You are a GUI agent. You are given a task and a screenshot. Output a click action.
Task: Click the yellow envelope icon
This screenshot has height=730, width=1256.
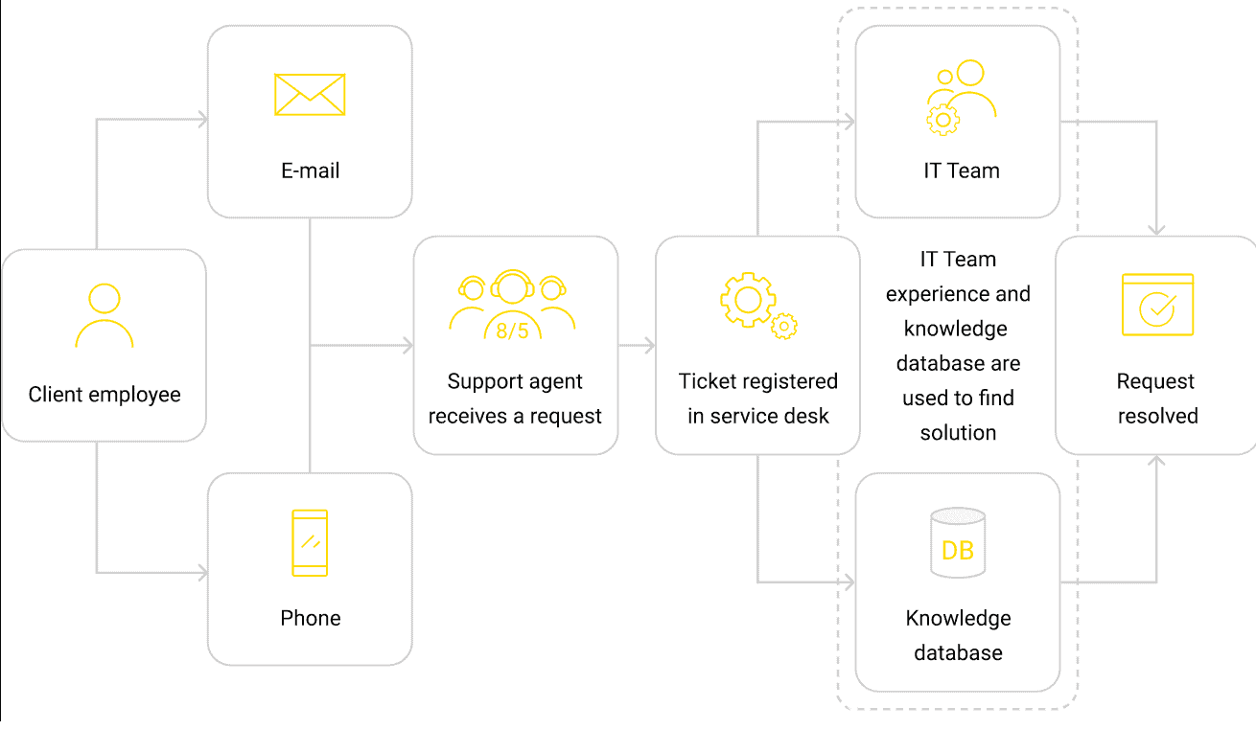coord(310,94)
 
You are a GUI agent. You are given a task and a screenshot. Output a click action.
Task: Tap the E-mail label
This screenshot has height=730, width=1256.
coord(310,171)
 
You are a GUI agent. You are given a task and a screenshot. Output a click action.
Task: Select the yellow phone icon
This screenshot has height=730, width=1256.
coord(310,543)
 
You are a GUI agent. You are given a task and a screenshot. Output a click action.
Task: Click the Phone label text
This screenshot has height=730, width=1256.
coord(310,618)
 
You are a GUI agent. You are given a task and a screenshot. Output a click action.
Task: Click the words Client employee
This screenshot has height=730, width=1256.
coord(105,395)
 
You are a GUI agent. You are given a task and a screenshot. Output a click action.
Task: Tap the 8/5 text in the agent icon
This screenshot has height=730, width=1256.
coord(512,331)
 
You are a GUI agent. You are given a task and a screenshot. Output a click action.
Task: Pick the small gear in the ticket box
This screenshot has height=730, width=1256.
coord(784,326)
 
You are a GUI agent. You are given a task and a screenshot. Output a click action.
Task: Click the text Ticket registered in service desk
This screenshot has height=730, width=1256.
coord(758,399)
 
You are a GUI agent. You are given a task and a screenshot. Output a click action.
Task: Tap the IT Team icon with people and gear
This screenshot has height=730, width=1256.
coord(961,97)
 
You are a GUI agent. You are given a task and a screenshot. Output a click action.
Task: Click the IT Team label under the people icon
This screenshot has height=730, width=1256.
coord(961,171)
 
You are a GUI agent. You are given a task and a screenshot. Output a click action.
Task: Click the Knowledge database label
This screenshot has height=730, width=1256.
coord(958,635)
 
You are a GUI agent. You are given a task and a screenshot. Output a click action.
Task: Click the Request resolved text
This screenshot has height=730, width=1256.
coord(1157,399)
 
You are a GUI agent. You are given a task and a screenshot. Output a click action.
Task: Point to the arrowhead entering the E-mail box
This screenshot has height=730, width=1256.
coord(203,120)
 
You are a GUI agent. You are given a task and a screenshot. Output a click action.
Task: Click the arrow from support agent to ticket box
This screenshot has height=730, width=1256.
coord(637,345)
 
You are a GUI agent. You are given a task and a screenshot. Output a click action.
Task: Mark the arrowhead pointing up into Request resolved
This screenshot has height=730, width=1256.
coord(1156,461)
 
